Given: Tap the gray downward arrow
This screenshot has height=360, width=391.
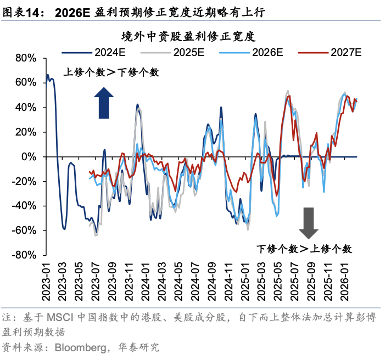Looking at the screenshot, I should coord(309,222).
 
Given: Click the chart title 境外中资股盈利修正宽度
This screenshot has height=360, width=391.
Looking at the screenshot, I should coord(189,37).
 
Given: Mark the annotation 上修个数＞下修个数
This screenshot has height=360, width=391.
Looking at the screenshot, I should coord(111,72).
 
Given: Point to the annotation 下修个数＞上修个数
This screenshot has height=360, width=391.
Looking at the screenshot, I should coord(304,249).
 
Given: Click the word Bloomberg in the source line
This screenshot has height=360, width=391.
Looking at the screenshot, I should coord(80,347).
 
